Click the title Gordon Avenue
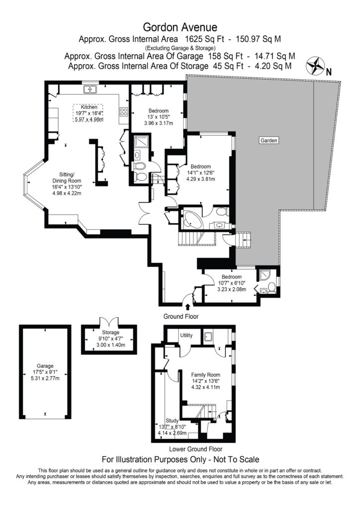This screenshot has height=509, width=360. pyautogui.click(x=180, y=26)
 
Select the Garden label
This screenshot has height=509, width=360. pyautogui.click(x=269, y=141)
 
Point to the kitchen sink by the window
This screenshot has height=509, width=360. pyautogui.click(x=91, y=89)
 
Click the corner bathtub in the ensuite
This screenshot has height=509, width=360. pyautogui.click(x=191, y=219)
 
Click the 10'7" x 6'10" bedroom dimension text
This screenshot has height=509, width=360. pyautogui.click(x=232, y=283)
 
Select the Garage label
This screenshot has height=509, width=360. pyautogui.click(x=42, y=365)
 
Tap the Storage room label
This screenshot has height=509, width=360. pyautogui.click(x=110, y=333)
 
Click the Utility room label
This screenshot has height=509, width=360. pyautogui.click(x=186, y=336)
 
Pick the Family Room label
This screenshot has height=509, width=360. pyautogui.click(x=205, y=374)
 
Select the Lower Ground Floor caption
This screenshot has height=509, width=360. pyautogui.click(x=191, y=448)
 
